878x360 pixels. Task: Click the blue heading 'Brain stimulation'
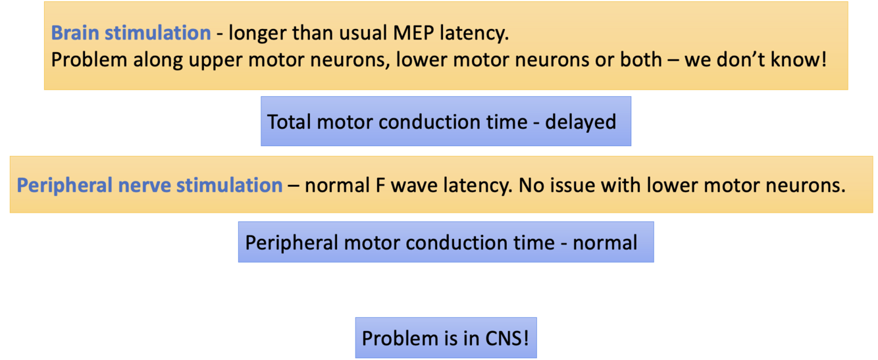click(131, 33)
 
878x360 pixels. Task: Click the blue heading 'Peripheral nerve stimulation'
click(149, 185)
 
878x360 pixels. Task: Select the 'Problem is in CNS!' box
click(446, 338)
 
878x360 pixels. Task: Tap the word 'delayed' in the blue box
click(581, 122)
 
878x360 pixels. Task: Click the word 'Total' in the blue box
click(290, 122)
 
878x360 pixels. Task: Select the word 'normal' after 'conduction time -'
click(605, 243)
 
